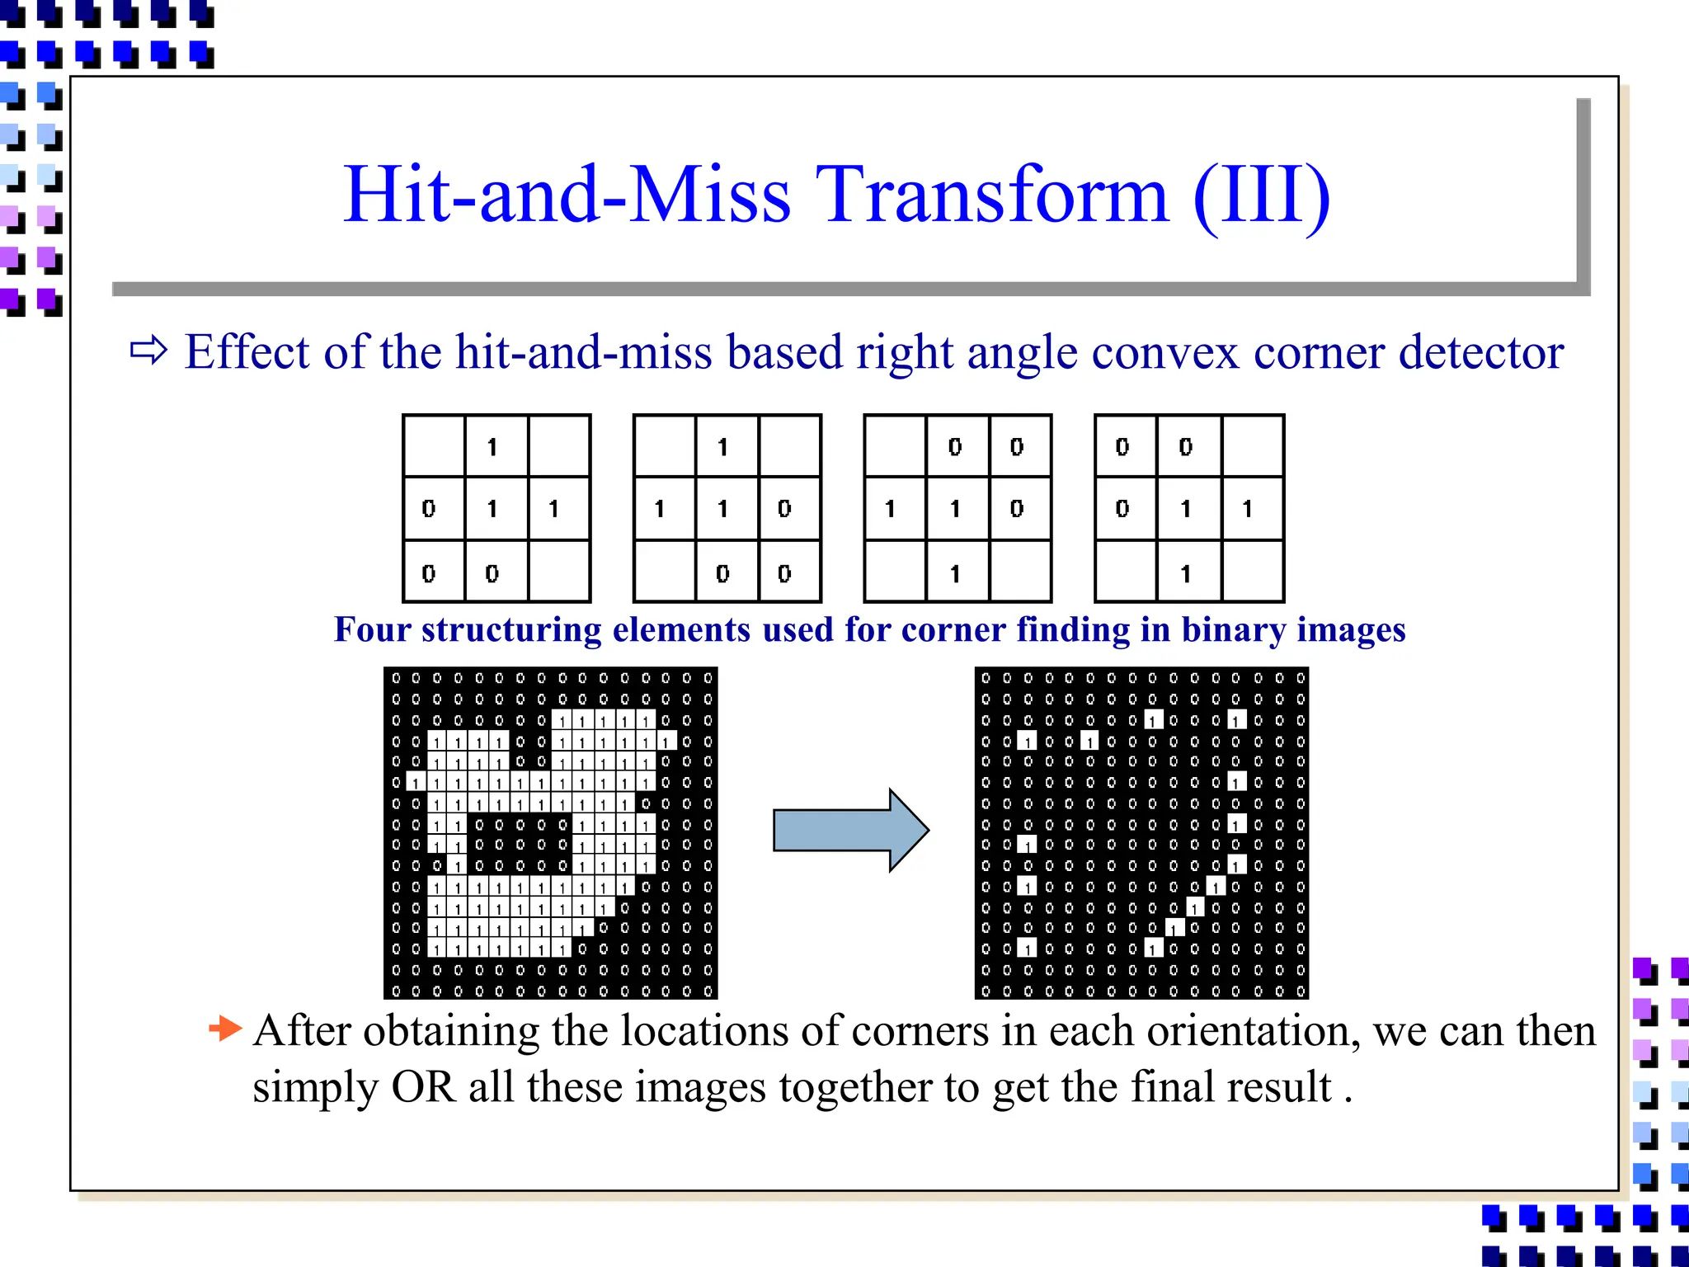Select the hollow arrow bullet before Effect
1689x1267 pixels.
pyautogui.click(x=149, y=351)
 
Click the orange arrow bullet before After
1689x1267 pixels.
pyautogui.click(x=225, y=1029)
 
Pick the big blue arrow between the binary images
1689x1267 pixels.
pyautogui.click(x=850, y=830)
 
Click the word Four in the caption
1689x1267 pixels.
pyautogui.click(x=372, y=629)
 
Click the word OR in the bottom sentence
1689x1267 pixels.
pyautogui.click(x=423, y=1087)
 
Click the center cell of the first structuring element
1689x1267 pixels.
pyautogui.click(x=492, y=509)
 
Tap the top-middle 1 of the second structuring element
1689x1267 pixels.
pyautogui.click(x=722, y=447)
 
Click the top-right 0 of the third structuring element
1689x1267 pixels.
pyautogui.click(x=1017, y=447)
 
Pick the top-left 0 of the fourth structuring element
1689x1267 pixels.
pyautogui.click(x=1122, y=447)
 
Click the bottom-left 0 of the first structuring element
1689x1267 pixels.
pyautogui.click(x=429, y=573)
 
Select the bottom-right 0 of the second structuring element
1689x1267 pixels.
pyautogui.click(x=784, y=573)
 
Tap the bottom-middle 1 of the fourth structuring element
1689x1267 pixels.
pyautogui.click(x=1185, y=573)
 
